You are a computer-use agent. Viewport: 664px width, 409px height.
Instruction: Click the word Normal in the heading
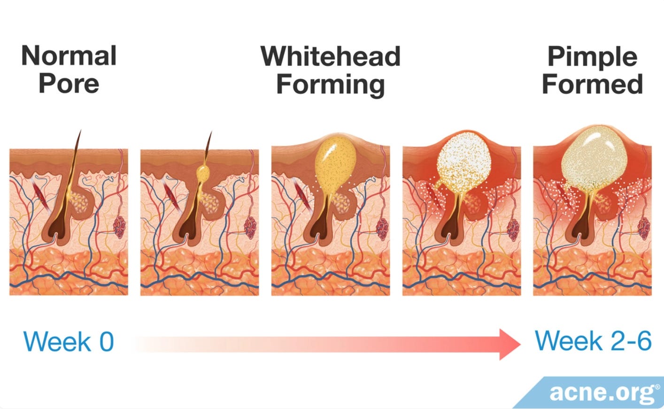69,56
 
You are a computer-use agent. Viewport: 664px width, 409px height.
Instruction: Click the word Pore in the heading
69,84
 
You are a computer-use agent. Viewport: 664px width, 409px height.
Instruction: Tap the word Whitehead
331,56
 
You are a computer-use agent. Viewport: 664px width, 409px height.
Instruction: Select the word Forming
331,85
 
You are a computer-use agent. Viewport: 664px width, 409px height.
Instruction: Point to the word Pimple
593,57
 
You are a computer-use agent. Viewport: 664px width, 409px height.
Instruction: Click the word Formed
593,84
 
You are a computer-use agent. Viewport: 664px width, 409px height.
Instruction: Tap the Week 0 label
69,342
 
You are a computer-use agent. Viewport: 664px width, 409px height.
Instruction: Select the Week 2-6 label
593,341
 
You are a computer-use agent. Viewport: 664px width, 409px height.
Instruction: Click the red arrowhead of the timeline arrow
510,344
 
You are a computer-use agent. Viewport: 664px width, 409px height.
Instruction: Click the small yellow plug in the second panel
203,173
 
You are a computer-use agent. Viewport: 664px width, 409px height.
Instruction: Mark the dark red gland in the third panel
383,228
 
